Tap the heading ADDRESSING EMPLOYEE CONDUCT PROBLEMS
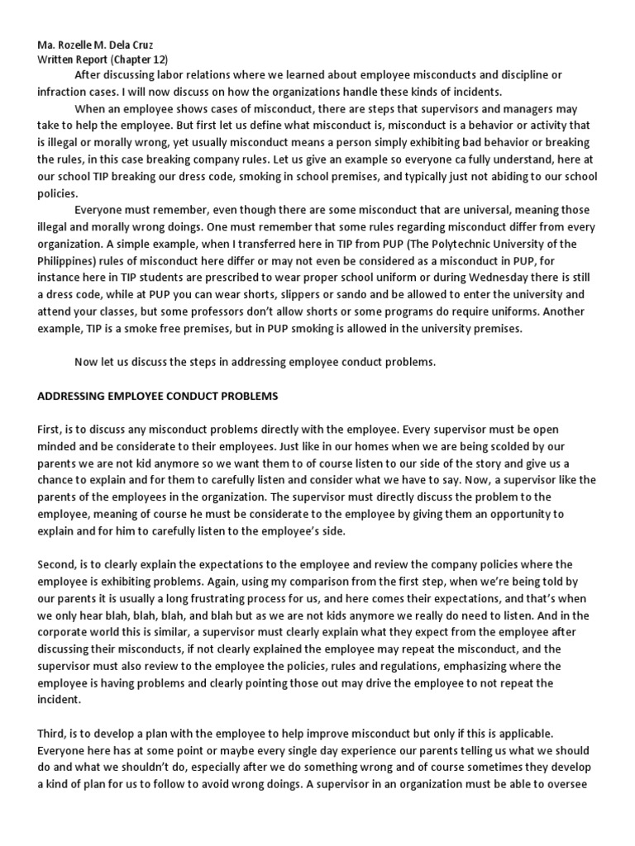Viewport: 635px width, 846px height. (158, 396)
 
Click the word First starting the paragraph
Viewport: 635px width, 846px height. (51, 430)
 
